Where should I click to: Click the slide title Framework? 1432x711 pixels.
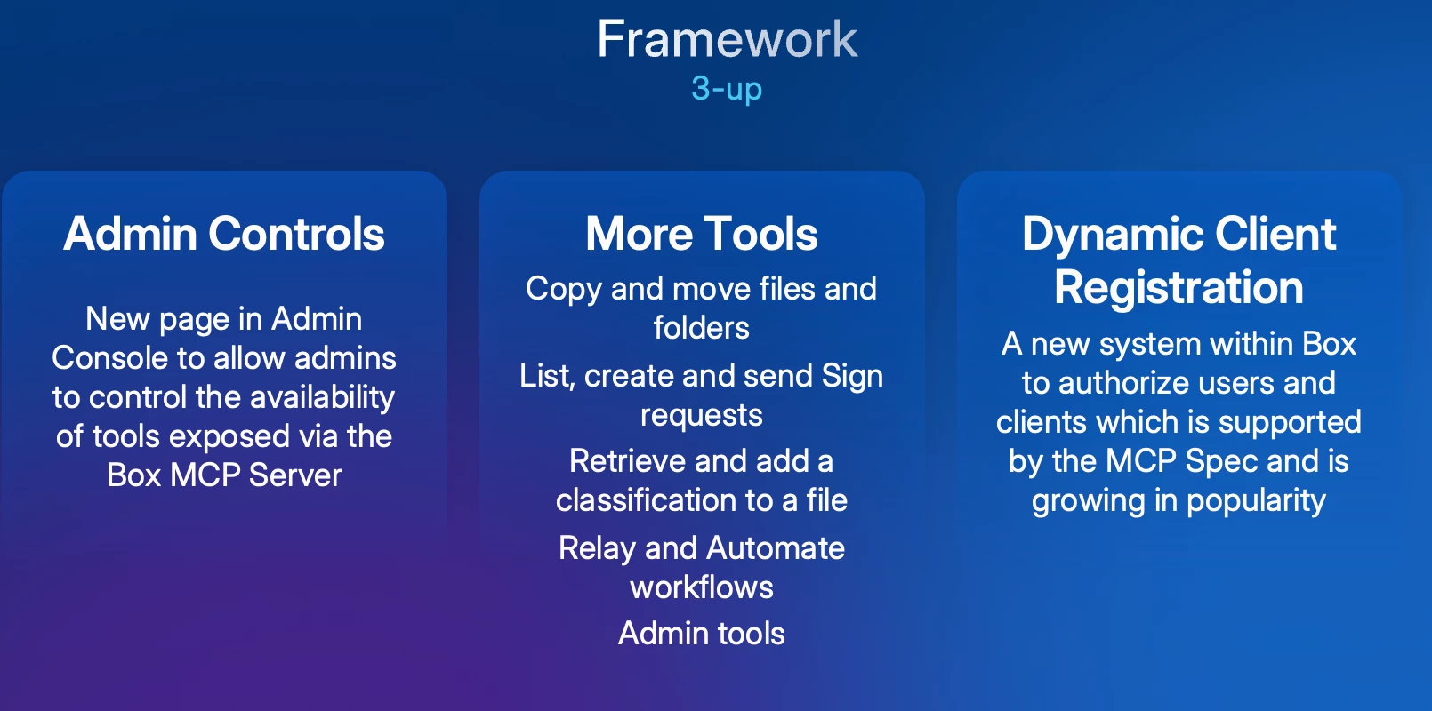click(x=727, y=39)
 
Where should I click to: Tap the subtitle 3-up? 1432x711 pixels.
click(x=727, y=88)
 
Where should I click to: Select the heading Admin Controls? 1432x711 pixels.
click(x=224, y=233)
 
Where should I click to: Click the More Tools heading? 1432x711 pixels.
click(x=701, y=233)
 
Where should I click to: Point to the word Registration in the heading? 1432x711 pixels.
click(x=1179, y=287)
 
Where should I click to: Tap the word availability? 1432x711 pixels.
click(x=322, y=398)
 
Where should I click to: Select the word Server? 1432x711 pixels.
click(x=294, y=475)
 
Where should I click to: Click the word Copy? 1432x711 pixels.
click(x=563, y=290)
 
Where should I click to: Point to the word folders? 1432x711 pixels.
click(x=701, y=328)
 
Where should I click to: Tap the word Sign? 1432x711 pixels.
click(x=852, y=376)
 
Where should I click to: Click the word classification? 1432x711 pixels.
click(x=658, y=500)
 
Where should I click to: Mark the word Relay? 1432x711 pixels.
click(x=597, y=548)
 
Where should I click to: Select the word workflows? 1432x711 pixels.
click(x=701, y=587)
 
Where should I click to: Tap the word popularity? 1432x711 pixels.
click(x=1256, y=501)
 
